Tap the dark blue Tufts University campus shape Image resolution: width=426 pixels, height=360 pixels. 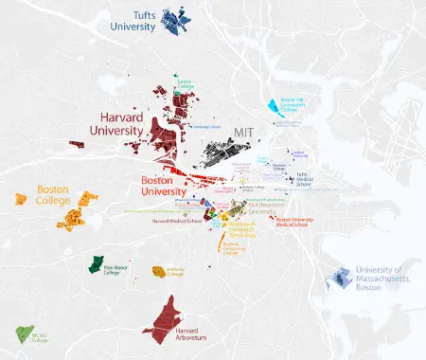(174, 18)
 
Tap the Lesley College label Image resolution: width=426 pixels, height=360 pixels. (185, 83)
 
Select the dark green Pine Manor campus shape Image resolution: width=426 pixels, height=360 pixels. (96, 264)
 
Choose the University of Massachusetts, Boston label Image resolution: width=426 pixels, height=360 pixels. (388, 279)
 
